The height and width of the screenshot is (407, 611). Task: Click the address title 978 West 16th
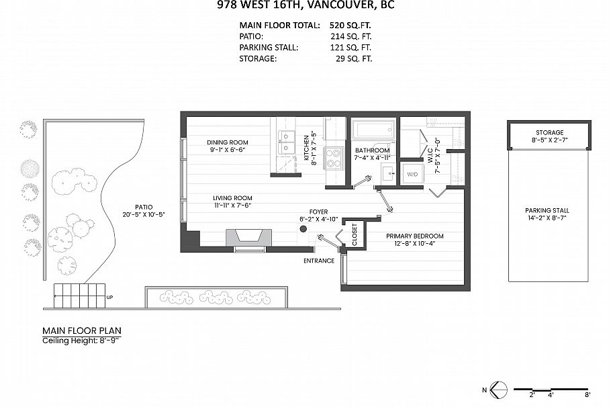(305, 5)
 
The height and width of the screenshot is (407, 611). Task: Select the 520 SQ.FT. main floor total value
(351, 25)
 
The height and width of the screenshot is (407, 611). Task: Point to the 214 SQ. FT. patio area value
(351, 36)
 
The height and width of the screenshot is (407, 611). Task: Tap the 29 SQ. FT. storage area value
(354, 59)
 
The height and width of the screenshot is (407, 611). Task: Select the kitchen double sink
(287, 142)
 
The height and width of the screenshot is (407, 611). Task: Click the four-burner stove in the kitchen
(334, 158)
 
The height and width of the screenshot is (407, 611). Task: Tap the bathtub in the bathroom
(372, 130)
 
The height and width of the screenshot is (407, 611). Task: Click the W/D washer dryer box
(412, 175)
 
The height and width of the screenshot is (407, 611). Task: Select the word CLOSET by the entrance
(355, 235)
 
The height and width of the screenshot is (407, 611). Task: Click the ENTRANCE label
(319, 261)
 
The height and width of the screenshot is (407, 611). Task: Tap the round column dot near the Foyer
(303, 229)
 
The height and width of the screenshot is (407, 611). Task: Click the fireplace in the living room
(249, 238)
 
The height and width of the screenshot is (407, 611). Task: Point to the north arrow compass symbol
(498, 389)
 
